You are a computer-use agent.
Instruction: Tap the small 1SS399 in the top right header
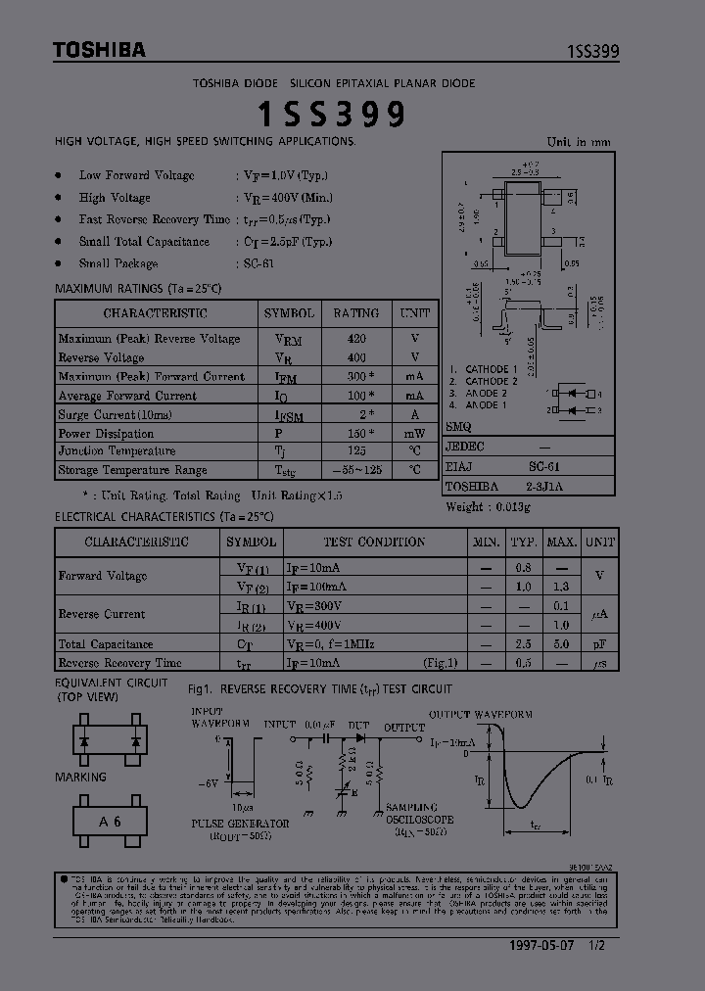click(x=592, y=52)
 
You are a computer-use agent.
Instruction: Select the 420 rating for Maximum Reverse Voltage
click(x=355, y=339)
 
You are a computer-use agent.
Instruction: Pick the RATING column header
click(x=355, y=313)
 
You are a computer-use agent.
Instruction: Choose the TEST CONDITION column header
click(x=374, y=542)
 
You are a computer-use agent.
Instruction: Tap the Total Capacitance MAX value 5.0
click(x=561, y=644)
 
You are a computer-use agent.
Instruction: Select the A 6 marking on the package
click(x=110, y=821)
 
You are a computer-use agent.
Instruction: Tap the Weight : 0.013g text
click(x=488, y=506)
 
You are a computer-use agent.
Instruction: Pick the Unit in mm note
click(x=578, y=142)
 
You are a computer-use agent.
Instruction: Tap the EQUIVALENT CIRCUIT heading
click(x=111, y=683)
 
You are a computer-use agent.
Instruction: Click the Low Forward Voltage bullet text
click(x=136, y=175)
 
